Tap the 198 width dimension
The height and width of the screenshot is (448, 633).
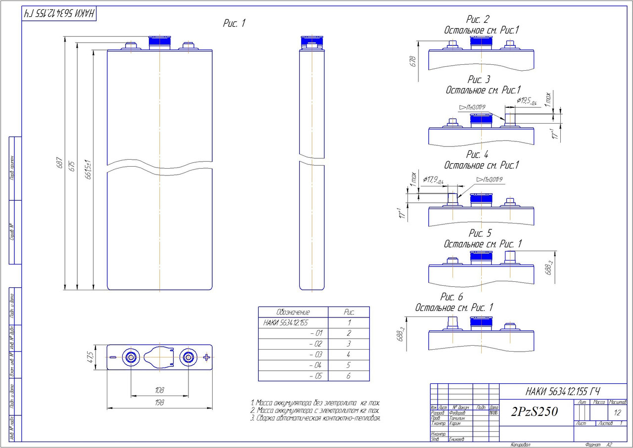click(x=159, y=403)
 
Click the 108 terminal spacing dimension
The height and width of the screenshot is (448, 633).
click(x=159, y=390)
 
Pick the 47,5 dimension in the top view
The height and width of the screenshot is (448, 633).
click(x=90, y=358)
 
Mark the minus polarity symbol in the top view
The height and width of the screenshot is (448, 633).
click(x=113, y=357)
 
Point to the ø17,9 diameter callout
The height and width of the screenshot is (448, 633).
click(x=434, y=179)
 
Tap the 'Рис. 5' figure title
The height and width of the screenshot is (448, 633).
click(x=480, y=233)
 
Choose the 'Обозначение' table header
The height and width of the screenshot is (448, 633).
click(x=293, y=313)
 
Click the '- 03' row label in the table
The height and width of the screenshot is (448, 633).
click(x=315, y=355)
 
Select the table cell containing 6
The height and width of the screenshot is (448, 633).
click(x=349, y=376)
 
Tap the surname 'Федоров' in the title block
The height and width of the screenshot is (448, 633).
click(x=457, y=413)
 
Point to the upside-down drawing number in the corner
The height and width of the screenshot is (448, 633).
click(x=59, y=14)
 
